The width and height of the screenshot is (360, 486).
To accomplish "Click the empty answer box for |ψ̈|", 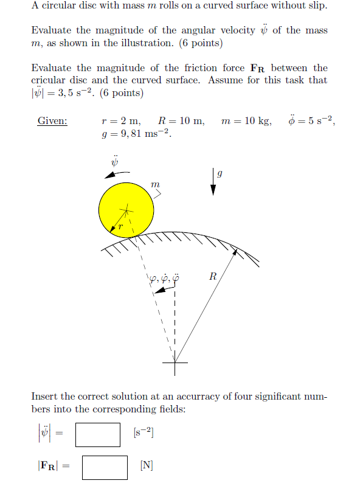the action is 98,434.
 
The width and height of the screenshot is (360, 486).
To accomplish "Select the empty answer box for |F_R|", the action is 105,467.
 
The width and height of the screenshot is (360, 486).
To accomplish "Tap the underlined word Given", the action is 52,120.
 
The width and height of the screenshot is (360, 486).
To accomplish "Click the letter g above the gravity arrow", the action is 220,173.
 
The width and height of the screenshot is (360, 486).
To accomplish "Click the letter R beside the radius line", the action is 212,277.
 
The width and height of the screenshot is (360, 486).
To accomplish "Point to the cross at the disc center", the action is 126,210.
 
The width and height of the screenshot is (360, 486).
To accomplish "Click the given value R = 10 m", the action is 181,120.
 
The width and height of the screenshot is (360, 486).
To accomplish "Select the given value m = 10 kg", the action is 246,120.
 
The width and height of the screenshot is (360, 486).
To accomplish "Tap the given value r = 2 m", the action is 121,120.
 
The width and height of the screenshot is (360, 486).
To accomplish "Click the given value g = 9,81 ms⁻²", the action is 136,134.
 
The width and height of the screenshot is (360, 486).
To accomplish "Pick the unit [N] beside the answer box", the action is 147,467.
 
